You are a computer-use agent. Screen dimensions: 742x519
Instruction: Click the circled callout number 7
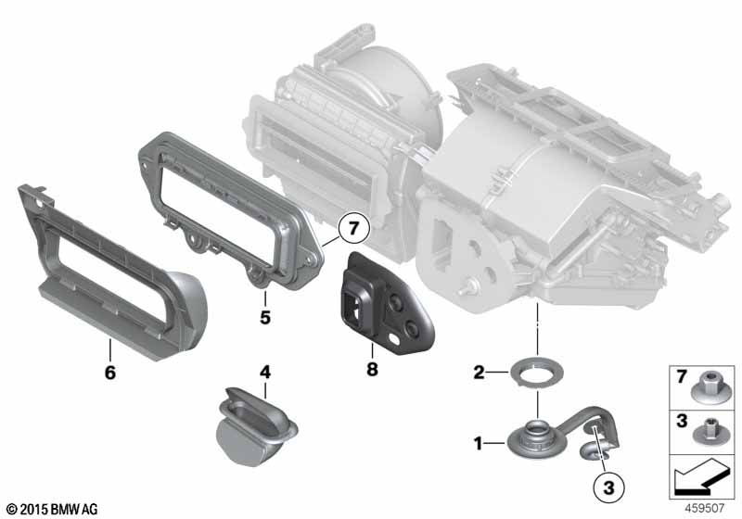pyautogui.click(x=354, y=229)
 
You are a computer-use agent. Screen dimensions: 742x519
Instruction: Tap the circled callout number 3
pyautogui.click(x=608, y=487)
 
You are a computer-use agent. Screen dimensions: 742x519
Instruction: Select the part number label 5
pyautogui.click(x=265, y=317)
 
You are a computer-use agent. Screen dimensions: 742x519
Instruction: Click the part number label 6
pyautogui.click(x=109, y=373)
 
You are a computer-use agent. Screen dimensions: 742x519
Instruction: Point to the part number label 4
pyautogui.click(x=265, y=373)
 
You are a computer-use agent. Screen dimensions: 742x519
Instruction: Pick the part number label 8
pyautogui.click(x=373, y=369)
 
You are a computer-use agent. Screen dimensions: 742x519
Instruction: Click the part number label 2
pyautogui.click(x=479, y=373)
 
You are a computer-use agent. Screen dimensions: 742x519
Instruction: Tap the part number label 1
pyautogui.click(x=479, y=443)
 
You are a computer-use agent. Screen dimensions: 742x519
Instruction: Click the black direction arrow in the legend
pyautogui.click(x=700, y=476)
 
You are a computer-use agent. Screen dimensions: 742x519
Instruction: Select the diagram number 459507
pyautogui.click(x=705, y=508)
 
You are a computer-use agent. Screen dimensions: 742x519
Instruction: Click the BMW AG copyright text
pyautogui.click(x=53, y=509)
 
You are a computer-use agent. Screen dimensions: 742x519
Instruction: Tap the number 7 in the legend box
pyautogui.click(x=682, y=376)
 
